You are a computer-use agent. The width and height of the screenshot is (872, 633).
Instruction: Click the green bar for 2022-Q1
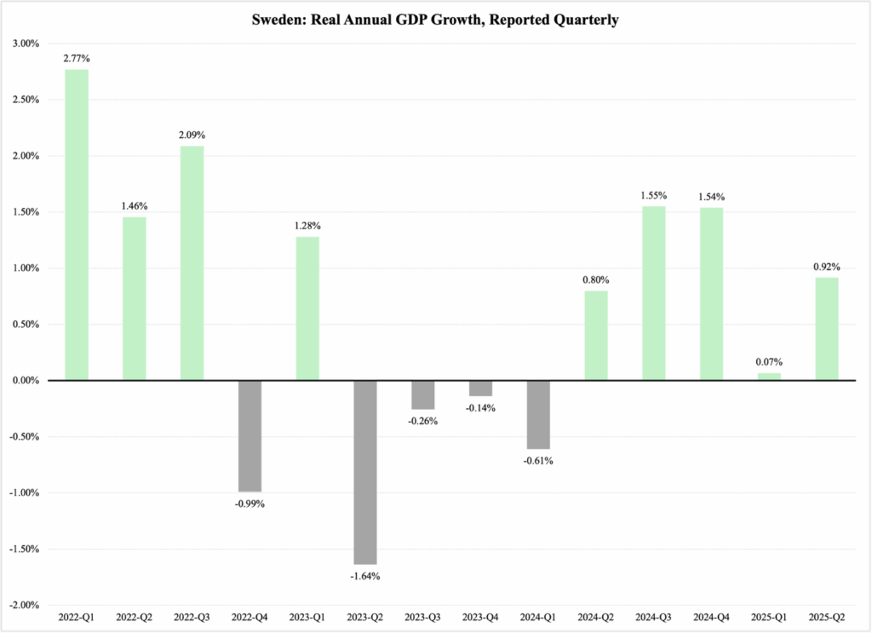pos(77,225)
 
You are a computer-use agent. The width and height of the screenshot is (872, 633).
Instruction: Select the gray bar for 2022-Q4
pos(250,435)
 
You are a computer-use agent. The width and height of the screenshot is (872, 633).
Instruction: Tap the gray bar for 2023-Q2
pos(365,472)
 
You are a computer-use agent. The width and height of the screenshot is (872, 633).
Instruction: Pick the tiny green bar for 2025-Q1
pos(769,377)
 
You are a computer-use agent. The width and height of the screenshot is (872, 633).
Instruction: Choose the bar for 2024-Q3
pos(654,293)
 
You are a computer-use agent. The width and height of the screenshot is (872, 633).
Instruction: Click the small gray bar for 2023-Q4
pos(481,388)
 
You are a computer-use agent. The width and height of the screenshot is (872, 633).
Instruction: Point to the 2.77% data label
pos(77,58)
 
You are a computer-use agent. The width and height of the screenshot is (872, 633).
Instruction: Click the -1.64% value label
pos(365,576)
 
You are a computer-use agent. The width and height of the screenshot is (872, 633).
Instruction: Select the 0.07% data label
pos(769,361)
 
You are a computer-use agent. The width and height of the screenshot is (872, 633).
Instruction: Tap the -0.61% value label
pos(538,461)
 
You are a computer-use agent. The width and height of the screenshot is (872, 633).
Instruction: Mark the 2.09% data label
pos(192,135)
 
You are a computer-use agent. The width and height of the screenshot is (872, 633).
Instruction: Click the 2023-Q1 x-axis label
pos(307,615)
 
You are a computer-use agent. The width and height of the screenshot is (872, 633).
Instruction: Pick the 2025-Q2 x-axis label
pos(827,615)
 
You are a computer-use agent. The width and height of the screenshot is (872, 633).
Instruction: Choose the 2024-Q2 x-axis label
pos(596,615)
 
